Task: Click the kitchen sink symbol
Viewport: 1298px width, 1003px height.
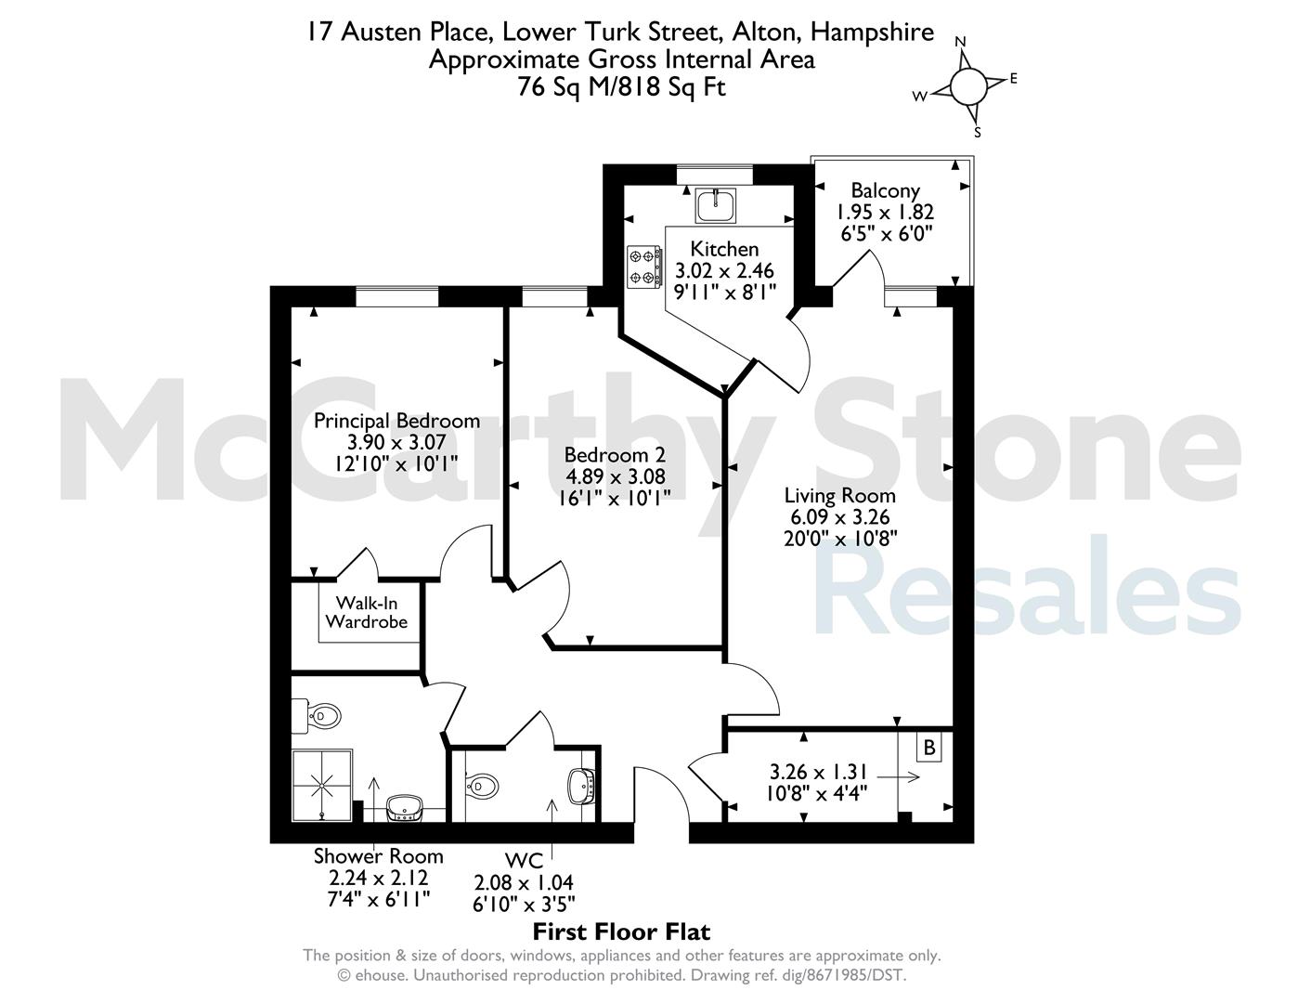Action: click(x=716, y=205)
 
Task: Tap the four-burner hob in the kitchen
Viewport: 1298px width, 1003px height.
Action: click(x=644, y=267)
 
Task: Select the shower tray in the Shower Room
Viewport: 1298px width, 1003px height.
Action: click(x=322, y=786)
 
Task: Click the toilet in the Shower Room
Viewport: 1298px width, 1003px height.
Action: click(x=316, y=716)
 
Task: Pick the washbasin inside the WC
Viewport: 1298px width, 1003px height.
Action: click(x=581, y=785)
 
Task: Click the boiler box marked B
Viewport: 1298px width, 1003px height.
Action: click(x=929, y=748)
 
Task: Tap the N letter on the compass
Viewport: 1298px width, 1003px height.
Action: click(x=961, y=42)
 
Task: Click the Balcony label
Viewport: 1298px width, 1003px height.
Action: click(x=885, y=190)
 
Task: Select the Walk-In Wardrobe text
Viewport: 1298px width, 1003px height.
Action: click(x=367, y=612)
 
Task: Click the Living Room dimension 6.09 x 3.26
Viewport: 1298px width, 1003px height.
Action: click(x=840, y=516)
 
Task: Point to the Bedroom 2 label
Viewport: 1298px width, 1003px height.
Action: click(x=615, y=455)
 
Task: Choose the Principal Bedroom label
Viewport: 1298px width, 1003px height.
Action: click(x=396, y=421)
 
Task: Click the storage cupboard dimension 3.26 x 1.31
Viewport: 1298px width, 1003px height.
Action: click(x=818, y=772)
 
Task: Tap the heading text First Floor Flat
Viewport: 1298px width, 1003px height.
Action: click(x=621, y=931)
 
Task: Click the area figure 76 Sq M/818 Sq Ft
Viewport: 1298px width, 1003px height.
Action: click(x=622, y=87)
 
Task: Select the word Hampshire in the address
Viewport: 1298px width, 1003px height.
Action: click(x=872, y=32)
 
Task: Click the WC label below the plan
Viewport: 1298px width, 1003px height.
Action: click(x=524, y=861)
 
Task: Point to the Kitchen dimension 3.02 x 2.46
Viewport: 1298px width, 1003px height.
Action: click(x=724, y=270)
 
